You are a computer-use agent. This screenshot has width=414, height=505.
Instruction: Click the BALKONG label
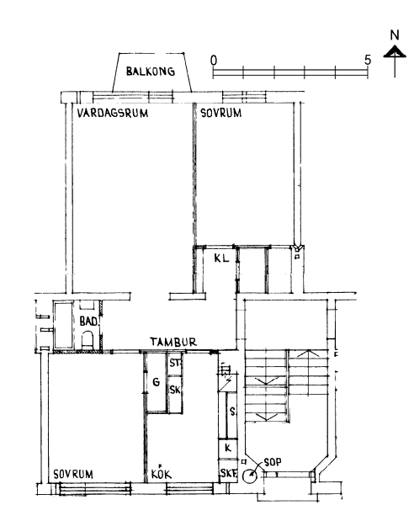tap(151, 72)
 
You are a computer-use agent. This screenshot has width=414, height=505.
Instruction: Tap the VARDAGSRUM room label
tap(113, 113)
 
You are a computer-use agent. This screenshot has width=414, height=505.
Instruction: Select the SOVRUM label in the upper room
tap(220, 113)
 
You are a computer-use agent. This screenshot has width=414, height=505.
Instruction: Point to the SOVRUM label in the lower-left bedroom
tap(73, 474)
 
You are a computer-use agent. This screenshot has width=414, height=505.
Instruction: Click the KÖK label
tap(162, 473)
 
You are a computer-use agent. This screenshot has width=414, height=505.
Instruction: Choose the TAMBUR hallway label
tap(173, 342)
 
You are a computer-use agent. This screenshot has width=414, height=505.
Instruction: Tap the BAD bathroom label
tap(88, 322)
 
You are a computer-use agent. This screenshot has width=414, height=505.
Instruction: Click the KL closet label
tap(221, 258)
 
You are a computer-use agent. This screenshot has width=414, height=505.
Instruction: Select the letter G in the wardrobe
tap(157, 382)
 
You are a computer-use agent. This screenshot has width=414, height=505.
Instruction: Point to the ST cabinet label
tap(175, 363)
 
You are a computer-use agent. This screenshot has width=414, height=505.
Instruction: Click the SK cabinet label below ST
tap(175, 390)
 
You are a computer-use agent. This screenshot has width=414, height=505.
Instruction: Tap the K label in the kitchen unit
tap(228, 448)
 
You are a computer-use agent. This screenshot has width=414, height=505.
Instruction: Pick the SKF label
tap(229, 473)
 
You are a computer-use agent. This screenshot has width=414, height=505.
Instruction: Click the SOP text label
tap(273, 462)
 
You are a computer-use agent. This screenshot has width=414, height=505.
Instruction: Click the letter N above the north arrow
tap(395, 35)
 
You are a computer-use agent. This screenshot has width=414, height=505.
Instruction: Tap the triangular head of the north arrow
tap(395, 51)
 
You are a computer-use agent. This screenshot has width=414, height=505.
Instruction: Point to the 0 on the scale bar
tap(214, 61)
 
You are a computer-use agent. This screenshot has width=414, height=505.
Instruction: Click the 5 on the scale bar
tap(368, 60)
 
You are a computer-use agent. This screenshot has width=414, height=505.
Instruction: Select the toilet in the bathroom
tap(88, 341)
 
